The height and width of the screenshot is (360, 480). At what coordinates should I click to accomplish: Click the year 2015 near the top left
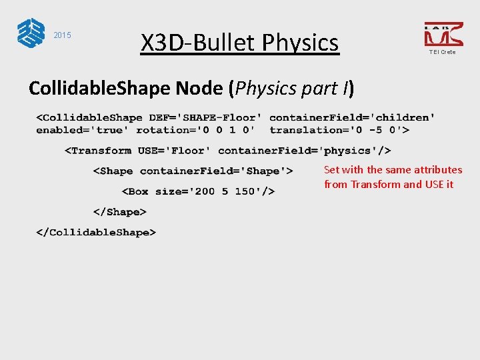(62, 35)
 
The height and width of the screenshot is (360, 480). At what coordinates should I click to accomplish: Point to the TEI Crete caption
(443, 52)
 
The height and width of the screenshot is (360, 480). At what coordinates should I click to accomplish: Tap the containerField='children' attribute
(353, 117)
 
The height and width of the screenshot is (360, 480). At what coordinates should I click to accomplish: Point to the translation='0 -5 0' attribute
(339, 130)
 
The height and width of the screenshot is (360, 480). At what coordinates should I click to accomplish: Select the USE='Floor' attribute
(174, 151)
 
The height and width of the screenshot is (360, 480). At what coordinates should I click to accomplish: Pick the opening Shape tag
(193, 171)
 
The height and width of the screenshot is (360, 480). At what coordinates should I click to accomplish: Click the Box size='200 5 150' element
(198, 191)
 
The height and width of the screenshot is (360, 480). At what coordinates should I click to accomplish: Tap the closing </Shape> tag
(119, 212)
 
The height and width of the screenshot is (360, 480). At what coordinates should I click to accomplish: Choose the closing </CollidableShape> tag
(96, 233)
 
